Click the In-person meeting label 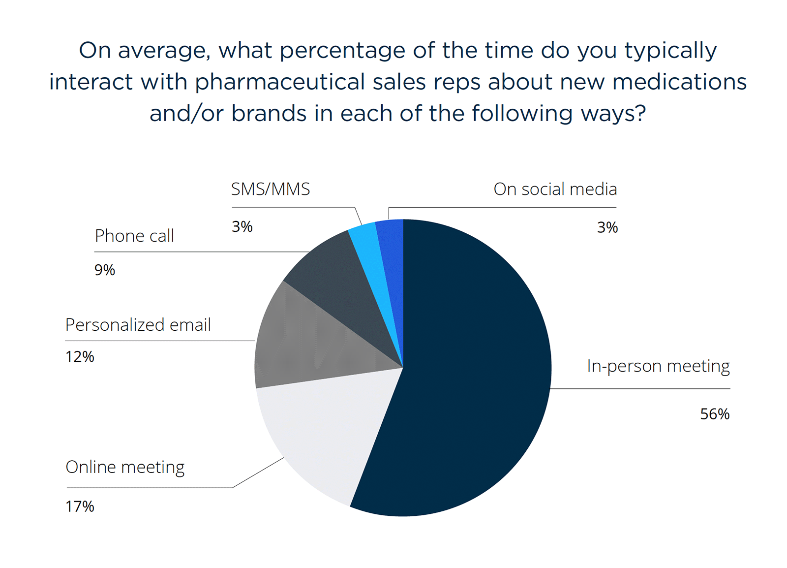coord(658,366)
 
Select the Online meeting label coord(125,467)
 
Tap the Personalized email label coord(138,325)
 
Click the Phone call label coord(134,236)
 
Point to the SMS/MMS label coord(271,189)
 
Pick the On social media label coord(555,189)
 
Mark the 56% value coord(715,414)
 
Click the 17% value coord(80,506)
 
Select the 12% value coord(80,357)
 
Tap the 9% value coord(105,270)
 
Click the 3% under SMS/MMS coord(242,227)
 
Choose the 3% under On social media coord(607,227)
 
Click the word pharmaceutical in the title coord(280,82)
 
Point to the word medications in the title coord(679,82)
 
